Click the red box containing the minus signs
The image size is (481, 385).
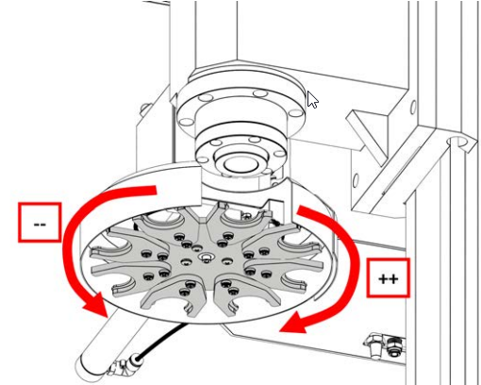pyautogui.click(x=40, y=223)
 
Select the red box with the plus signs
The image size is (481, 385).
pyautogui.click(x=389, y=278)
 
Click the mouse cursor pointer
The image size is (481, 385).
pyautogui.click(x=312, y=100)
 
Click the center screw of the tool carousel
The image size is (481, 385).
pyautogui.click(x=206, y=258)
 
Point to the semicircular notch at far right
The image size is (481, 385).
pyautogui.click(x=457, y=142)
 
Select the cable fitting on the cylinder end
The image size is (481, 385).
pyautogui.click(x=124, y=365)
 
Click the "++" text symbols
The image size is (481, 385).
pyautogui.click(x=389, y=279)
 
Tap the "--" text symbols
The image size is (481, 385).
pyautogui.click(x=40, y=225)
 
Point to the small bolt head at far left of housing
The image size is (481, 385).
pyautogui.click(x=144, y=109)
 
